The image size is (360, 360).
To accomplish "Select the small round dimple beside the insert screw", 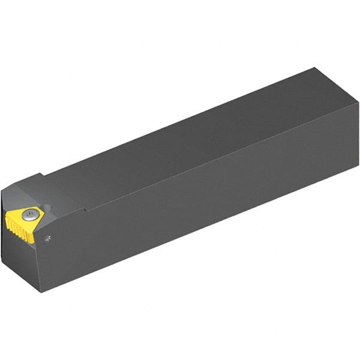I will (x=48, y=209).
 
